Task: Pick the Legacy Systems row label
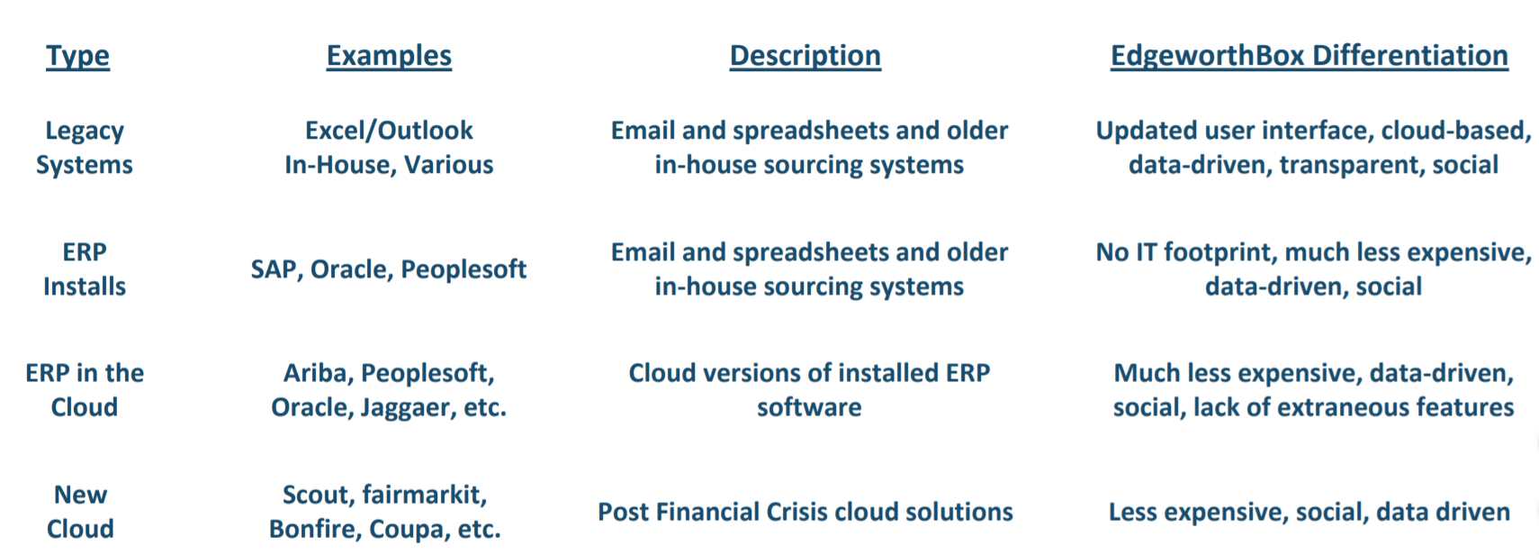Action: [85, 148]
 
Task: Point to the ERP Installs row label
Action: [85, 268]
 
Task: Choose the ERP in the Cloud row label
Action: [85, 390]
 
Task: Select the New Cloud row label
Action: [80, 512]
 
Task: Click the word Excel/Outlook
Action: [389, 131]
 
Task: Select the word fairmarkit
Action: [425, 496]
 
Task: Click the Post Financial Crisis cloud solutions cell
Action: [805, 513]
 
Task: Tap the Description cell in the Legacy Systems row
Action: [809, 148]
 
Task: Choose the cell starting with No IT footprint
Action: [1314, 268]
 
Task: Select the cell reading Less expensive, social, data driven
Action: [1309, 513]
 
